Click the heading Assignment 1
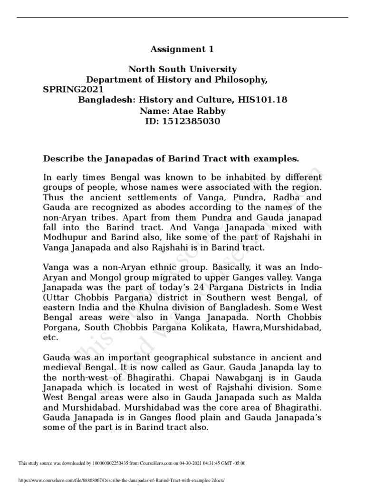pos(182,49)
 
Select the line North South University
pos(182,70)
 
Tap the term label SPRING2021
pos(72,89)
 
